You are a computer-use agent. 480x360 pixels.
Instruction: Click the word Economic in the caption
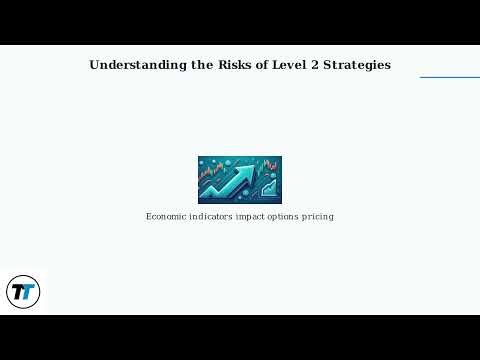coord(167,216)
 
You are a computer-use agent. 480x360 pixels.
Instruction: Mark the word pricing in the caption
coord(321,216)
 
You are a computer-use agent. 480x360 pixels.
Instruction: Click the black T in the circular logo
coord(18,292)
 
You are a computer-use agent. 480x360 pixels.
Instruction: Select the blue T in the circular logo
coord(28,293)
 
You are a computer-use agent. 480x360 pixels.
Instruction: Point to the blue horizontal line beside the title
coord(449,77)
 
